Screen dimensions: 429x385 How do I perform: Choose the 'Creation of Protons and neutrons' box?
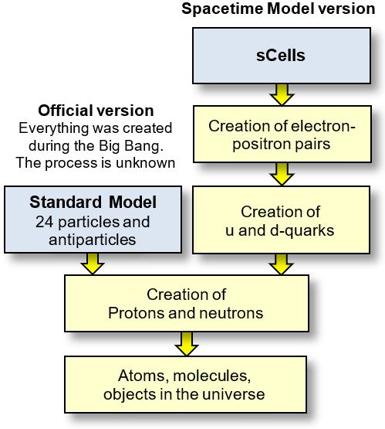(186, 304)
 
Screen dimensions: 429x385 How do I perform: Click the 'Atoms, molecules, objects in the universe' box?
(186, 385)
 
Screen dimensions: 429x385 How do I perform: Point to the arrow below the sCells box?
(281, 95)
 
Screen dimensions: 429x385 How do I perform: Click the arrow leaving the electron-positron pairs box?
(281, 176)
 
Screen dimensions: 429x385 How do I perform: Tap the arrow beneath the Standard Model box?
(93, 264)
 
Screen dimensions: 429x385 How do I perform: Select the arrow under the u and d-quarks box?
(281, 264)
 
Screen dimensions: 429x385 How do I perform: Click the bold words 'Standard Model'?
(93, 204)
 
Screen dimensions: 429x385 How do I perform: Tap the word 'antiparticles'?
(93, 240)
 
